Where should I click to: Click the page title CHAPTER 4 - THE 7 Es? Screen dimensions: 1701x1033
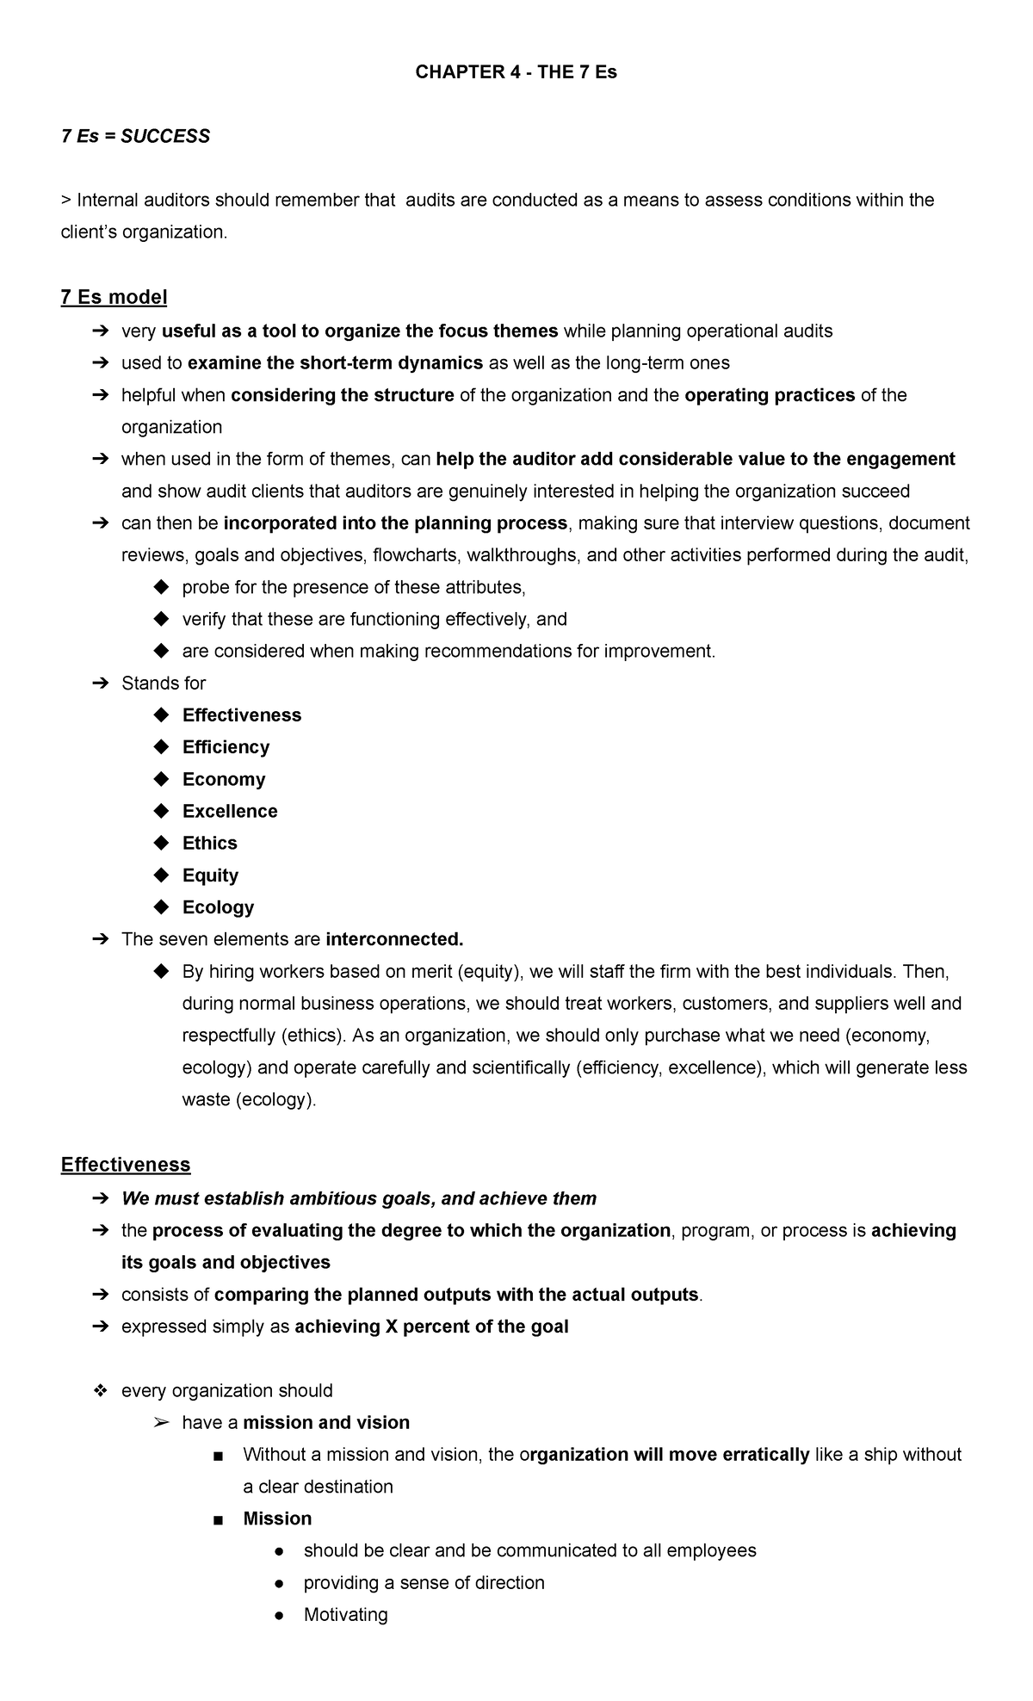[516, 72]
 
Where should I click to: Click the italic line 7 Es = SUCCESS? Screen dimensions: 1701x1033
[135, 136]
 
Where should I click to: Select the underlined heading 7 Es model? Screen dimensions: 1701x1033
[114, 297]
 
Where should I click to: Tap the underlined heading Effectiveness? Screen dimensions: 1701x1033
[126, 1165]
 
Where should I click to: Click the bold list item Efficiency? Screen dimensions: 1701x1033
[226, 747]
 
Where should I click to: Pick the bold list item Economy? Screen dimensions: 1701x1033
[224, 779]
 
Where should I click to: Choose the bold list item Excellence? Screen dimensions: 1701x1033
[230, 811]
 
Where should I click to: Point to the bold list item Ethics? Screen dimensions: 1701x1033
[209, 843]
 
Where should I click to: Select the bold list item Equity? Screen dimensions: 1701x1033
[210, 875]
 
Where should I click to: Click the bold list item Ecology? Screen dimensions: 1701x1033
[218, 907]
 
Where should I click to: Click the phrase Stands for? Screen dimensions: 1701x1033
[164, 683]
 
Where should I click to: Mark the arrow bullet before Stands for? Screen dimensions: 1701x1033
[100, 683]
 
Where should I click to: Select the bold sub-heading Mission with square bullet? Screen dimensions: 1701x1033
[277, 1519]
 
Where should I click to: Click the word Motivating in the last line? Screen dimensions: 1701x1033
[345, 1615]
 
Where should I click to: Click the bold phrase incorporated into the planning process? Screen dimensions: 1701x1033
[395, 523]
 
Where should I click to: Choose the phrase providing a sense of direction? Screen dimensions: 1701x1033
[424, 1582]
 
